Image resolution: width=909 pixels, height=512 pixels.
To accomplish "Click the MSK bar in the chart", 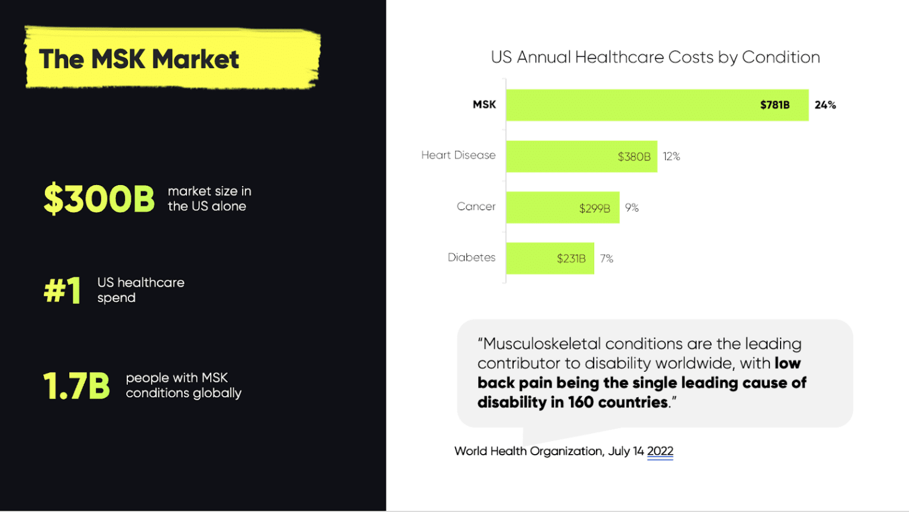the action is tap(657, 105).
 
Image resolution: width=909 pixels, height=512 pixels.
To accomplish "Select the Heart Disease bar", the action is tap(582, 157).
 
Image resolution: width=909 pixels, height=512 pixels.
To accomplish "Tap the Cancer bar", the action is tap(563, 208).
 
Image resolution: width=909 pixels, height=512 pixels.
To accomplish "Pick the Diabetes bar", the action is tap(550, 258).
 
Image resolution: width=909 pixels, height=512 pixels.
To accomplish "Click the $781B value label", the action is tap(775, 105).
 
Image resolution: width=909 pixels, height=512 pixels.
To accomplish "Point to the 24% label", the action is tap(826, 105).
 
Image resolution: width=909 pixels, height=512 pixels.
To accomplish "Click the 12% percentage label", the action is tap(672, 157).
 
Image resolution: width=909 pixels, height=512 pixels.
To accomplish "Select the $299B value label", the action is tap(595, 208).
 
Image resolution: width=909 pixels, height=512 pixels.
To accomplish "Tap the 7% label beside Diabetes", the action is tap(607, 258).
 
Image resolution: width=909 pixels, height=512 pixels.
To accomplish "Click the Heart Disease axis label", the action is tap(458, 155).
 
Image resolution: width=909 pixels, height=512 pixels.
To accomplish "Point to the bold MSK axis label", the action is tap(484, 105).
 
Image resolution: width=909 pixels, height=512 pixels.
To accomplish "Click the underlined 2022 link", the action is tap(660, 451).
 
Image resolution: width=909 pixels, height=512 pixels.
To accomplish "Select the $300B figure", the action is tap(99, 198).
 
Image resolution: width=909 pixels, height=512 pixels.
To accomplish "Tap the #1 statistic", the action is tap(62, 290).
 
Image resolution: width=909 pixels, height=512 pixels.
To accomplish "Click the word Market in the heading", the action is tap(196, 59).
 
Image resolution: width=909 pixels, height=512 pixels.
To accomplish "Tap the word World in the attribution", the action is tap(470, 451).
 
